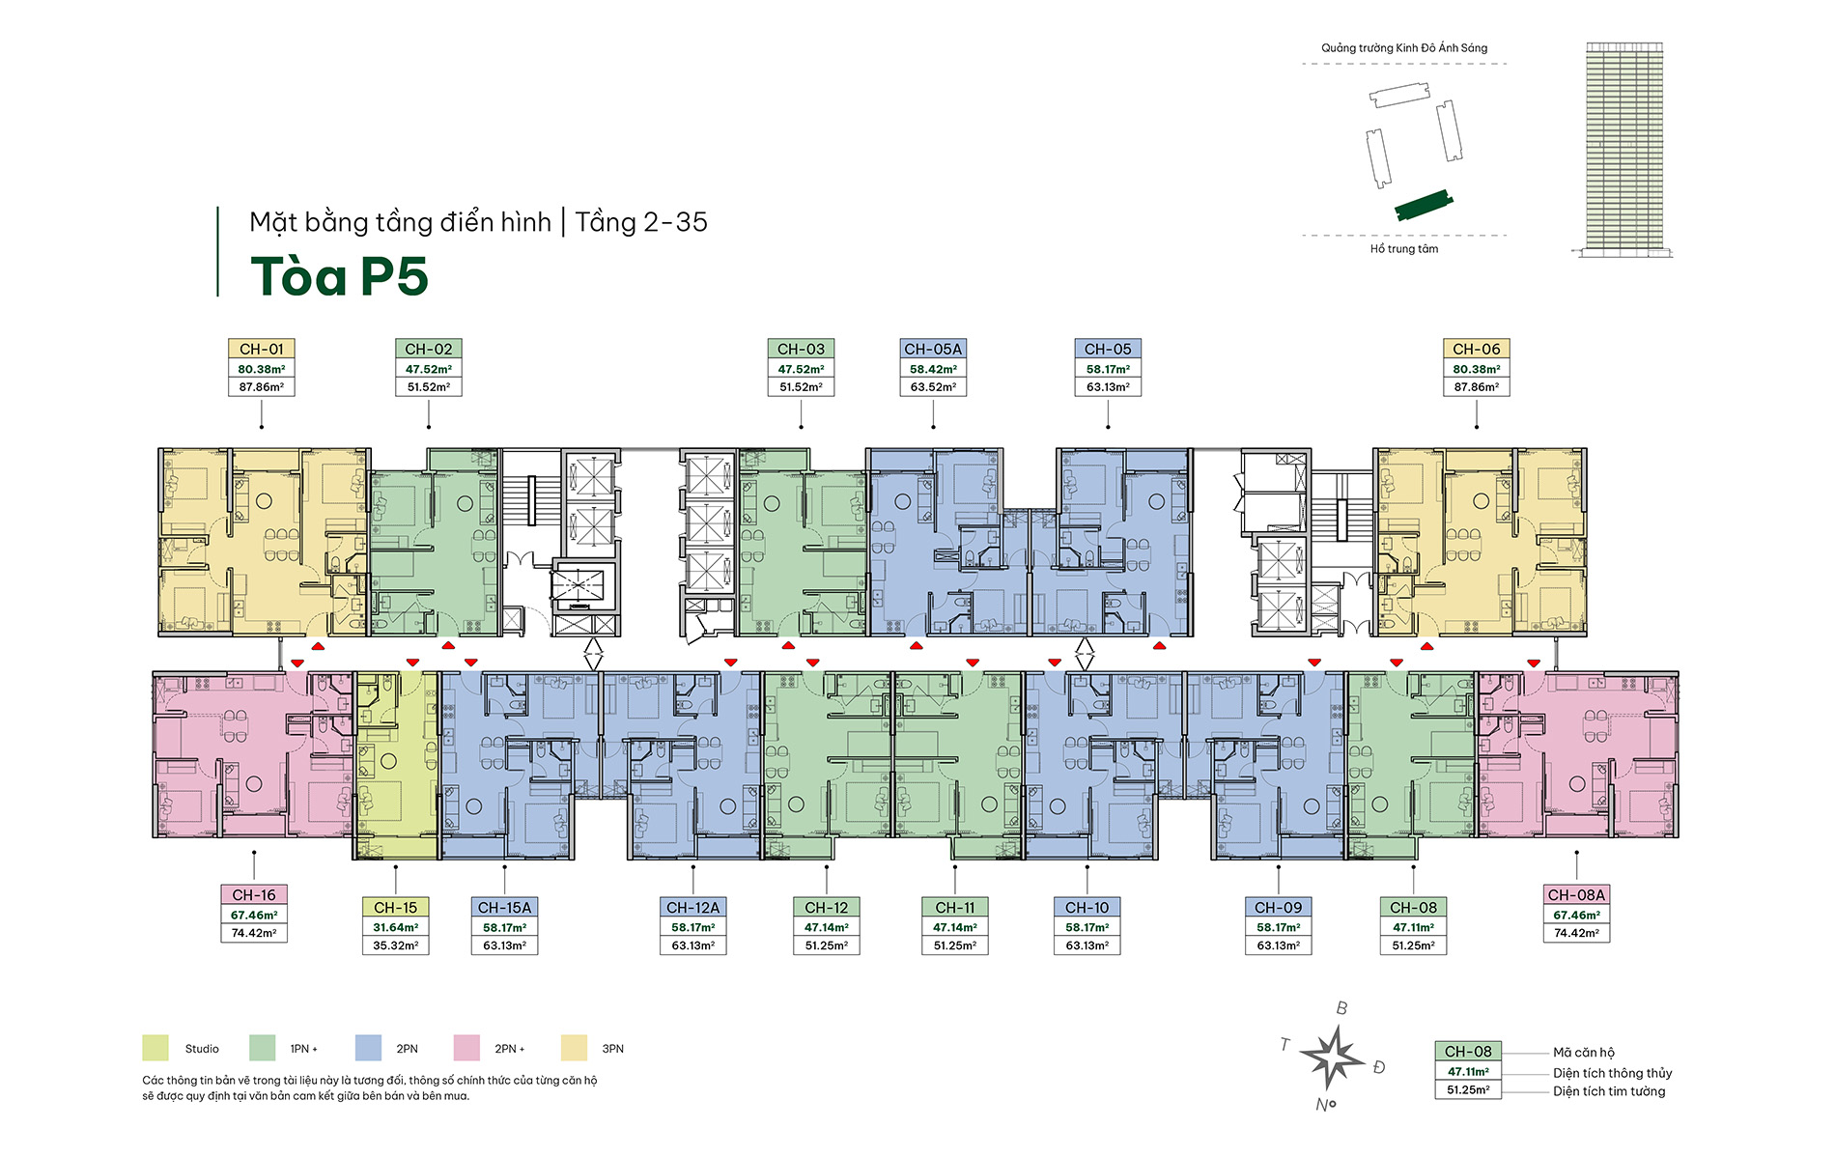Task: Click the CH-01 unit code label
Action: pyautogui.click(x=262, y=349)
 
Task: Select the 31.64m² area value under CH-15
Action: pyautogui.click(x=395, y=927)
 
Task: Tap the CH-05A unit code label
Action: pyautogui.click(x=933, y=349)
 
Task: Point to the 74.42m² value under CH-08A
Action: pyautogui.click(x=1576, y=933)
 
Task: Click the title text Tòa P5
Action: pyautogui.click(x=339, y=276)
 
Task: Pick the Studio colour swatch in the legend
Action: pyautogui.click(x=155, y=1048)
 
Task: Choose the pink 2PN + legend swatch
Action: pyautogui.click(x=466, y=1048)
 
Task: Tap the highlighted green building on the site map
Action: pyautogui.click(x=1424, y=205)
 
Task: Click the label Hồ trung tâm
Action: pyautogui.click(x=1403, y=249)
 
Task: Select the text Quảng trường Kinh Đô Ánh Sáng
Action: pyautogui.click(x=1403, y=47)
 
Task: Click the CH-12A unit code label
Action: pyautogui.click(x=692, y=908)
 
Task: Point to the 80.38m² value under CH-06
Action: pyautogui.click(x=1476, y=369)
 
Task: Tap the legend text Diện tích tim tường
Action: pyautogui.click(x=1609, y=1091)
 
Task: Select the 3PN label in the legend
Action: pyautogui.click(x=612, y=1049)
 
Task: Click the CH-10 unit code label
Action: pyautogui.click(x=1087, y=908)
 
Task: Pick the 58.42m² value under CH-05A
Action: pyautogui.click(x=933, y=369)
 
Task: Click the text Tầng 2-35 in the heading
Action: pyautogui.click(x=641, y=222)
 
